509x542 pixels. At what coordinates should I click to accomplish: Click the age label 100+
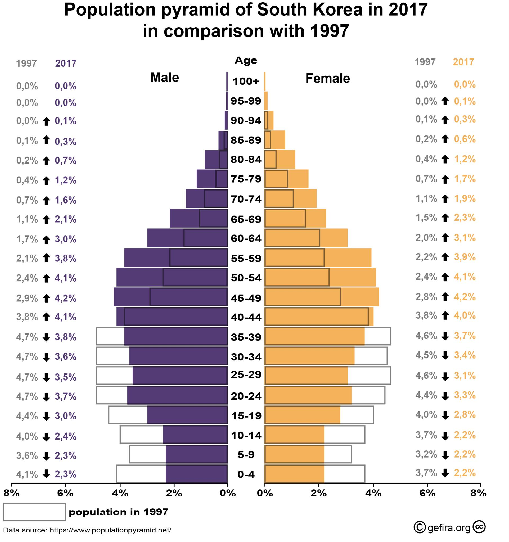(246, 81)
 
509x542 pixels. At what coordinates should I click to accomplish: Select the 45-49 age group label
(246, 298)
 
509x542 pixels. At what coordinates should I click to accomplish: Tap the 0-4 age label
(246, 475)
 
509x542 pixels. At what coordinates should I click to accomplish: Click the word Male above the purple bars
(164, 78)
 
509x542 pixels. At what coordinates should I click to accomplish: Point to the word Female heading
(327, 79)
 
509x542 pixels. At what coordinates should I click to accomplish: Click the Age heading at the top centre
(246, 61)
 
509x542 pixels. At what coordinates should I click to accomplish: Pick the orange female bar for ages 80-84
(280, 159)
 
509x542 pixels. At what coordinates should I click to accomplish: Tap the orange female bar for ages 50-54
(320, 277)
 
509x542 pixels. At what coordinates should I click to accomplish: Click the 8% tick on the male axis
(11, 493)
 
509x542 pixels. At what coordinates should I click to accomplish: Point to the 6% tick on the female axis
(427, 493)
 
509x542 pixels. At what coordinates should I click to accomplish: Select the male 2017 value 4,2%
(65, 298)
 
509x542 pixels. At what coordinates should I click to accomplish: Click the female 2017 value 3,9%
(465, 257)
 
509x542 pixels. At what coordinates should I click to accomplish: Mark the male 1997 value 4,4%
(27, 416)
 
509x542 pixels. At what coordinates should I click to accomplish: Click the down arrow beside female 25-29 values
(445, 377)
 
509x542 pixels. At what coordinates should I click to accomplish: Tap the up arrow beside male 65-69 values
(46, 220)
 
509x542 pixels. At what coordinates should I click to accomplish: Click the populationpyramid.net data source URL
(110, 530)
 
